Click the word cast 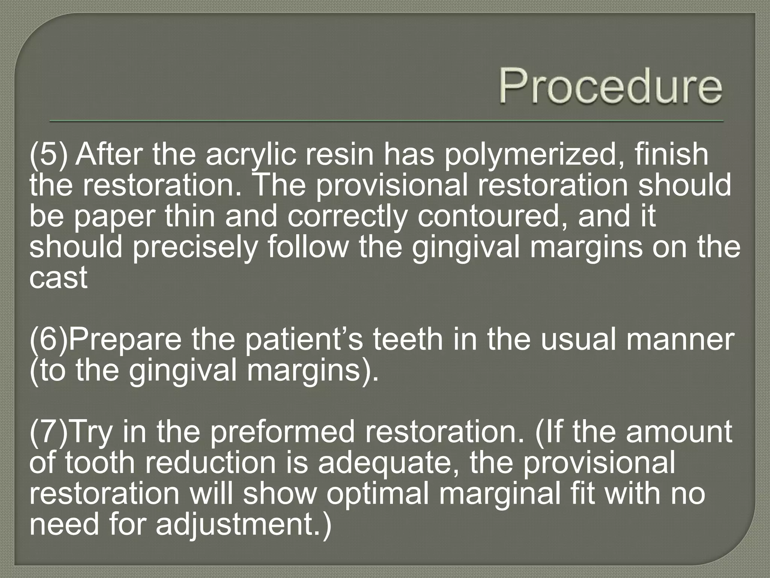[x=58, y=278]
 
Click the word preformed [x=282, y=432]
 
